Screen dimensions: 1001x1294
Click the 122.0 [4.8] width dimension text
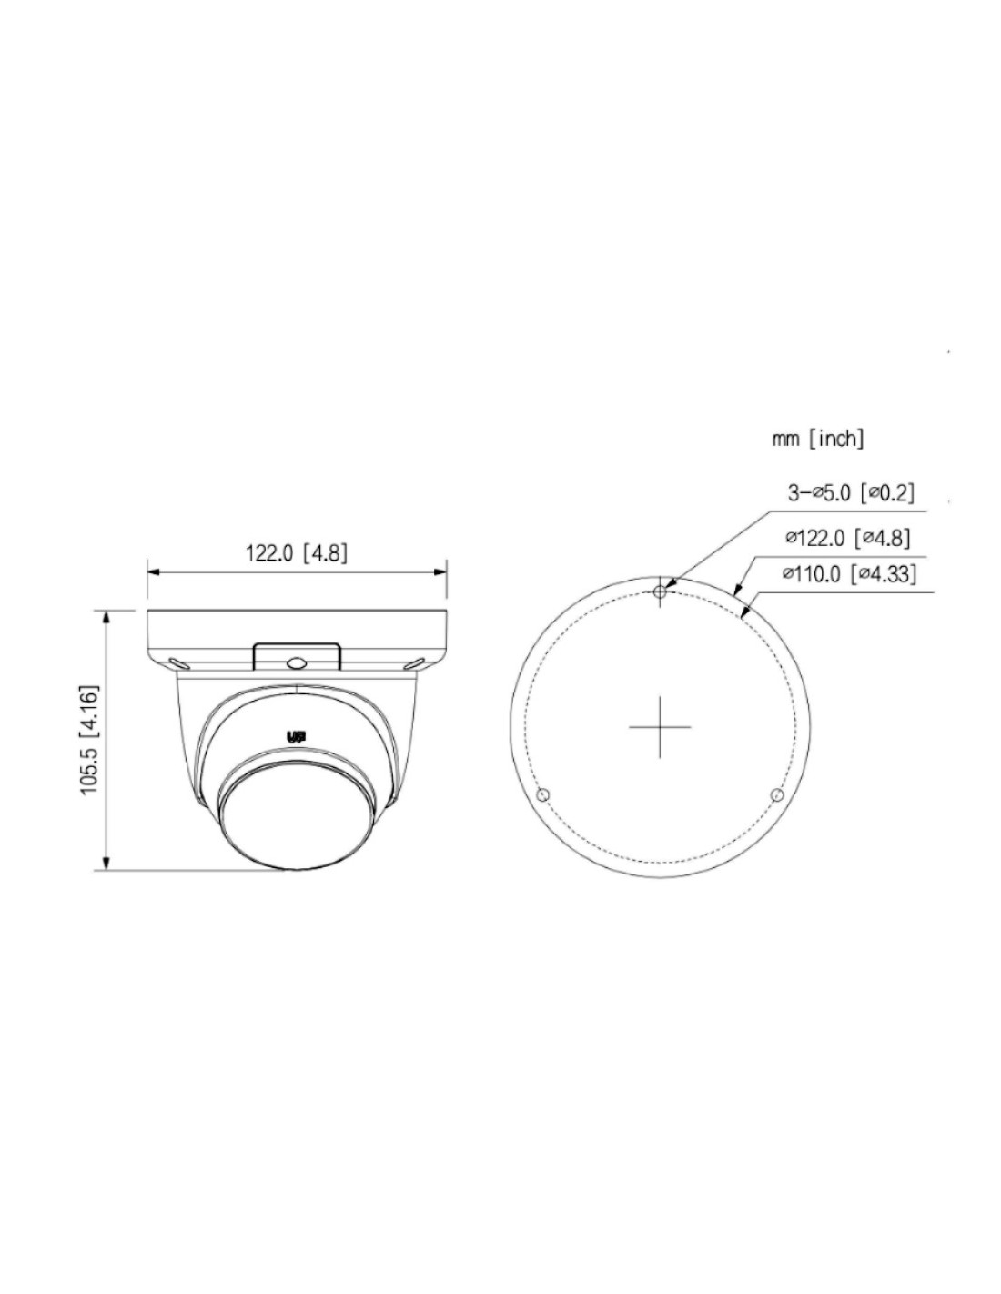click(x=296, y=553)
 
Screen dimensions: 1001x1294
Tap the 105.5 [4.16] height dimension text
click(x=89, y=739)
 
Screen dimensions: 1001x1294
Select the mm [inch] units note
click(x=817, y=439)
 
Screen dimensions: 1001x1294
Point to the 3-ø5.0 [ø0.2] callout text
click(x=850, y=492)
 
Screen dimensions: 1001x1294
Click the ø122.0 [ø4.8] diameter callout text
click(x=847, y=538)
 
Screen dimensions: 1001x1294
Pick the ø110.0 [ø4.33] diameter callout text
click(x=848, y=573)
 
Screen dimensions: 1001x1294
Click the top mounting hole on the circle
click(x=660, y=591)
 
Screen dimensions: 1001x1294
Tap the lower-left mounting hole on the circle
click(x=542, y=795)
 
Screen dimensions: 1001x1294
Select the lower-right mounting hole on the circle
click(x=776, y=795)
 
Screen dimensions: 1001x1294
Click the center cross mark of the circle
click(x=660, y=727)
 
